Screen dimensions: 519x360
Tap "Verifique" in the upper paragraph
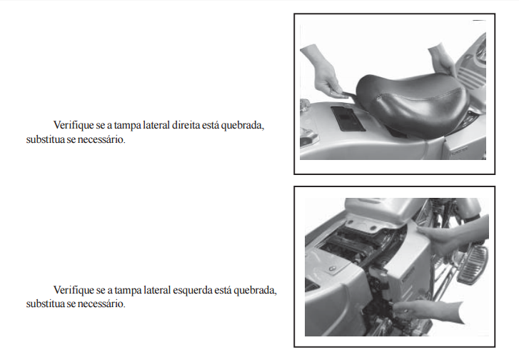click(x=74, y=126)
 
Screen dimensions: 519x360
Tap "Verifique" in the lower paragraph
click(x=74, y=291)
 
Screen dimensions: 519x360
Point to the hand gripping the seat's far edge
click(x=442, y=59)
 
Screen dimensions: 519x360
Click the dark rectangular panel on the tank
click(x=348, y=119)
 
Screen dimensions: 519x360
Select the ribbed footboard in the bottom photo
click(x=473, y=265)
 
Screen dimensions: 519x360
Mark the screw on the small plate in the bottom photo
click(x=333, y=268)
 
